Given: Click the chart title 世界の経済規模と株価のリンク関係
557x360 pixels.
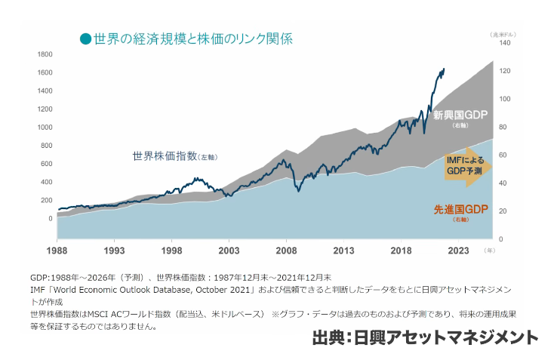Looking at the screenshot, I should (x=193, y=38).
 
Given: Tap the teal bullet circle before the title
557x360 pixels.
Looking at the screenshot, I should (x=86, y=38).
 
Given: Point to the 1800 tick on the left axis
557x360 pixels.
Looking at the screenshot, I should (x=44, y=54).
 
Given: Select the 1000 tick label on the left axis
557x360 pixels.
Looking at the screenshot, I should (x=44, y=128).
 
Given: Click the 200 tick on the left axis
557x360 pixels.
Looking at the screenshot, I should (x=46, y=200).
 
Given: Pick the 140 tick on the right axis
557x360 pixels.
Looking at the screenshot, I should (x=505, y=44).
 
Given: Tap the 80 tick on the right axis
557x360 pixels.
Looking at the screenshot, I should (x=503, y=128).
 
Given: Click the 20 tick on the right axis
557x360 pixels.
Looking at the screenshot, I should (x=503, y=211).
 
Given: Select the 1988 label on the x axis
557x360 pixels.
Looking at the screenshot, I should (x=57, y=250).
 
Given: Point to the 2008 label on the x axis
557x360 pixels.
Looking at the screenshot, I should (x=286, y=250).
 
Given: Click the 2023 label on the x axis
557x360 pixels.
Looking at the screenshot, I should (x=458, y=250).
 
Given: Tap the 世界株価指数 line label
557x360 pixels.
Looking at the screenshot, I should (x=163, y=157).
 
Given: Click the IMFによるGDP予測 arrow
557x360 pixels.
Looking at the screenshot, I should (x=465, y=166).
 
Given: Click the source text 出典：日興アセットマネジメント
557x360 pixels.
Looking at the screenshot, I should (x=425, y=337).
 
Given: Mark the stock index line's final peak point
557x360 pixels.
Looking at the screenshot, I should (x=443, y=69).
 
